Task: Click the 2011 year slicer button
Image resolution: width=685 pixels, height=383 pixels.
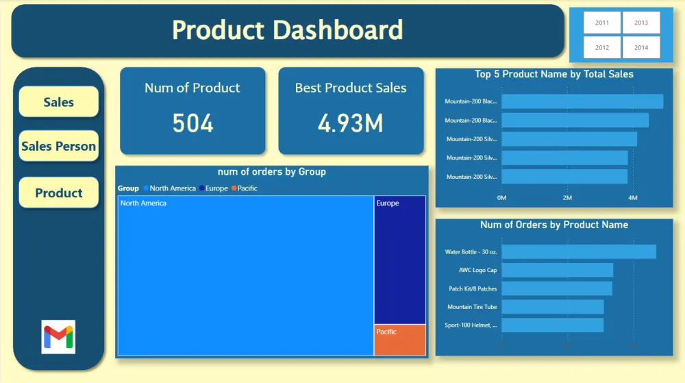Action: [602, 23]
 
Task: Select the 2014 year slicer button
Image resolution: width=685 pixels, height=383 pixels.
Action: [641, 48]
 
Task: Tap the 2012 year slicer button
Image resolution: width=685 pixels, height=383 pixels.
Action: [602, 48]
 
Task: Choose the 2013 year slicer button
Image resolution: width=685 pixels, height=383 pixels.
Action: [641, 23]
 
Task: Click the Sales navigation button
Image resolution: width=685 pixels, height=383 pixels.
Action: [59, 102]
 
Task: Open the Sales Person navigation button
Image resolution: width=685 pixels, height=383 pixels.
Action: [59, 146]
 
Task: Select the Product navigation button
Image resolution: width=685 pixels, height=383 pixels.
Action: [59, 193]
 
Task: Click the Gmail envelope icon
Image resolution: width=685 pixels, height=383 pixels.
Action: [58, 336]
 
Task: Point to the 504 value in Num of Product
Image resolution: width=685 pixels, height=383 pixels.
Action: [192, 123]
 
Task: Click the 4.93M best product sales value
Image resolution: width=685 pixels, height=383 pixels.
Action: [351, 123]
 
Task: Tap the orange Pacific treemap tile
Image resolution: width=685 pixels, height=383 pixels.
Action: [400, 340]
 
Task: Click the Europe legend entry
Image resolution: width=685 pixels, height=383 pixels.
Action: [213, 188]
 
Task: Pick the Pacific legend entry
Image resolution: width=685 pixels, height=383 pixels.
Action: [245, 188]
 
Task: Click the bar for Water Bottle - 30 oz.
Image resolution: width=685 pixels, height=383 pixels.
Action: [579, 251]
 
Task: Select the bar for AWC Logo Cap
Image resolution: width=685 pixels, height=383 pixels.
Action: [557, 270]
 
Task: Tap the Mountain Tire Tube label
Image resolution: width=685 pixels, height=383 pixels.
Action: [472, 307]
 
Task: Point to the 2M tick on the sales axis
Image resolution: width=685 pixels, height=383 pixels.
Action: [567, 198]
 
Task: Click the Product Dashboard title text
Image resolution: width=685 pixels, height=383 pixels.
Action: [287, 30]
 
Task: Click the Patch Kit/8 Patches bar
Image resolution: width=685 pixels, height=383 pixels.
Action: [557, 288]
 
